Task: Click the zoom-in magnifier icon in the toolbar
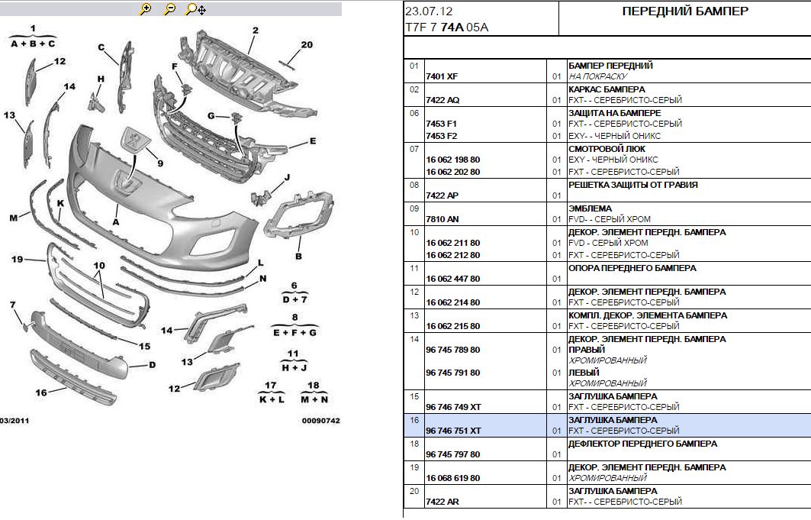pos(146,9)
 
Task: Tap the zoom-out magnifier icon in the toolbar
pos(169,9)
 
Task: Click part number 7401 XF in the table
pos(442,76)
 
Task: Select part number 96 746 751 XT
pos(454,431)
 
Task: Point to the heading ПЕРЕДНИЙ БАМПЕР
pos(685,11)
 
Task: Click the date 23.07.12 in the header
pos(429,11)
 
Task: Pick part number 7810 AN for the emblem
pos(443,219)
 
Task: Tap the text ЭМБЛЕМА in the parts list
pos(590,208)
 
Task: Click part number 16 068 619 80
pos(453,478)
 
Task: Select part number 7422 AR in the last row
pos(443,502)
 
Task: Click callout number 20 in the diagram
pos(307,45)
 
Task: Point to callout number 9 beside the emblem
pos(160,163)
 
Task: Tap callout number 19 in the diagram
pos(17,259)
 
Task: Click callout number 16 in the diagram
pos(41,392)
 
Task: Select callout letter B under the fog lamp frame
pos(298,256)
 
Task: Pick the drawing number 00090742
pos(321,421)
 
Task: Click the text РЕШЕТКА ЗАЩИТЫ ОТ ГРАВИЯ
pos(633,185)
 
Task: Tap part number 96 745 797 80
pos(453,454)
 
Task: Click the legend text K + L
pos(272,399)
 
